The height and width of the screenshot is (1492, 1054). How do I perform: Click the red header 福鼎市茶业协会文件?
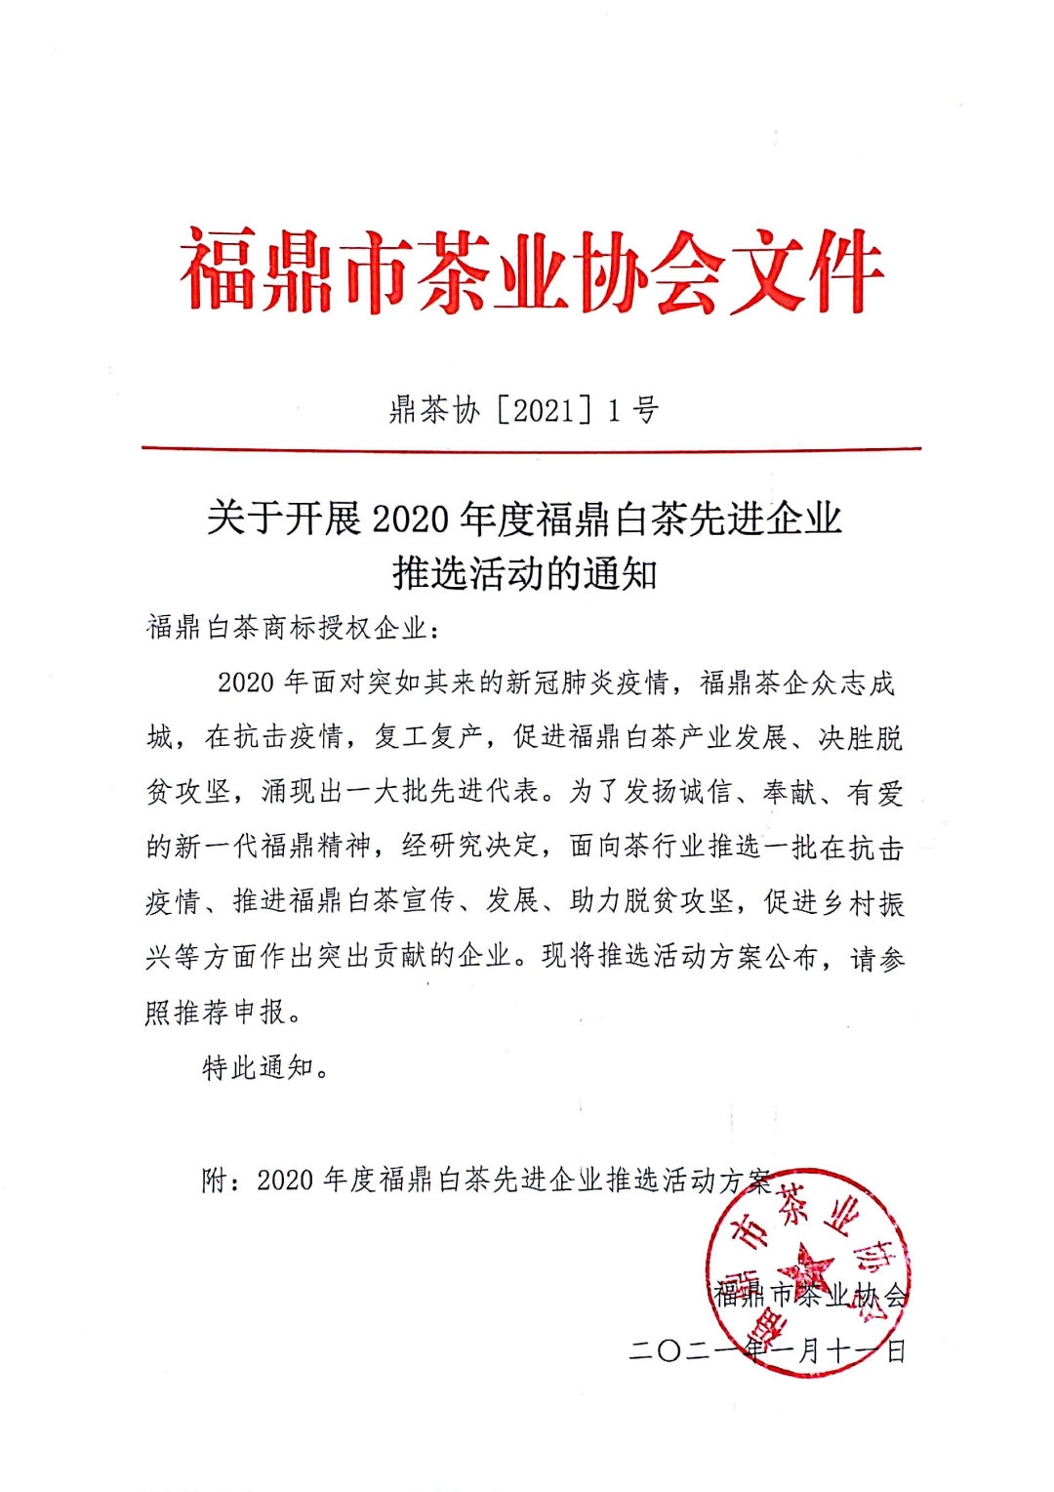[532, 271]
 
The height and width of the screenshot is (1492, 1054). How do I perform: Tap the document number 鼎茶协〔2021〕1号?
[524, 410]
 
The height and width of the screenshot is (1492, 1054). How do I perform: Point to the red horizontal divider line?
[531, 448]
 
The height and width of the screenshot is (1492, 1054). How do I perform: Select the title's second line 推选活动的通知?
[525, 573]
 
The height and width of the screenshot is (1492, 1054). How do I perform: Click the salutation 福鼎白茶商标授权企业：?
[294, 627]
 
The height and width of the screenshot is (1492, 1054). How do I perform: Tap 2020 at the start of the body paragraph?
[246, 682]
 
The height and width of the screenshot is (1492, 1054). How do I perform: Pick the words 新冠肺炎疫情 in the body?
[586, 682]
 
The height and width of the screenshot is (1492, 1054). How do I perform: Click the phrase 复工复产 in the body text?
[429, 736]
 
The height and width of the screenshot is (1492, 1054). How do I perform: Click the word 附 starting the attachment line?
[214, 1181]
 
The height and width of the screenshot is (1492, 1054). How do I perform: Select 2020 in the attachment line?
[285, 1181]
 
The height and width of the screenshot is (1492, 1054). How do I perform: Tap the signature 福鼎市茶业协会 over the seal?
[810, 1296]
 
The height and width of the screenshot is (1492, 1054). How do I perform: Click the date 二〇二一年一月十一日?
[768, 1350]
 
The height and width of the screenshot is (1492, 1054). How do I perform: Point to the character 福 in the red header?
[220, 271]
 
